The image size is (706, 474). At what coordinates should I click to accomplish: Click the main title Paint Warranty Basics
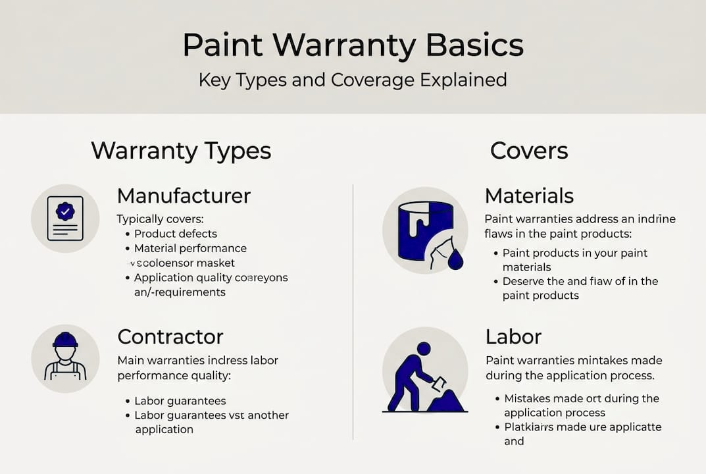tap(353, 45)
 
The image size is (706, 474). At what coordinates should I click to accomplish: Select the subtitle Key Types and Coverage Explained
tap(353, 80)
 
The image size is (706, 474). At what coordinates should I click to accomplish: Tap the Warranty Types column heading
tap(181, 151)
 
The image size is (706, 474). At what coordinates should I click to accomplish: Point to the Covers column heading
tap(529, 151)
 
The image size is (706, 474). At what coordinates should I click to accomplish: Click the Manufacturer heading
tap(184, 196)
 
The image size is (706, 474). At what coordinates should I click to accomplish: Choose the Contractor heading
tap(170, 336)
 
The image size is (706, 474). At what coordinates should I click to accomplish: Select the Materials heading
tap(529, 196)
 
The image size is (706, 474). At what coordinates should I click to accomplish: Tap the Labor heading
tap(513, 336)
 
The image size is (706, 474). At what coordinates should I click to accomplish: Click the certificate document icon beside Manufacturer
tap(65, 218)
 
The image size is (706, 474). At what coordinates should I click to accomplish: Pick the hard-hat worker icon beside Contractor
tap(65, 359)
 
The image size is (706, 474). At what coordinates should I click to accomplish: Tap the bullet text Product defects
tap(176, 234)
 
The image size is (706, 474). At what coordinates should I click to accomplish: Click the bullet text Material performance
tap(190, 248)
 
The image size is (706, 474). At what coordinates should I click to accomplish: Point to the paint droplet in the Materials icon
tap(455, 261)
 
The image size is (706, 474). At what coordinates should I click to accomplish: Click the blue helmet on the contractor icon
tap(65, 340)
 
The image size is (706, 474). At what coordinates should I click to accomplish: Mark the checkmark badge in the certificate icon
tap(65, 211)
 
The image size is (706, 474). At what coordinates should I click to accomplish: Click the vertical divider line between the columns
tap(353, 309)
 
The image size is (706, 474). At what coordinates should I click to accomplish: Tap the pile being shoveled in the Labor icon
tap(447, 400)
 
